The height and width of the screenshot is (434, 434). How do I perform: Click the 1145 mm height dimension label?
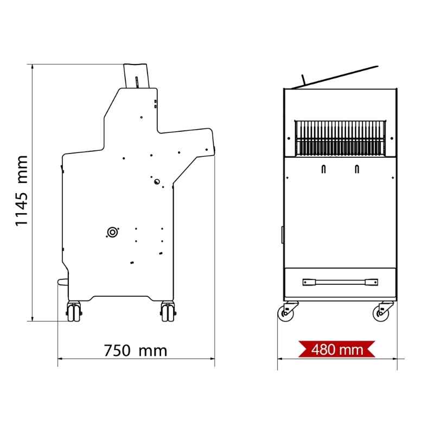(22, 191)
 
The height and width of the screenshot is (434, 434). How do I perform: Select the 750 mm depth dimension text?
(135, 350)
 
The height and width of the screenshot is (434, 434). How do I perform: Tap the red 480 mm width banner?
(337, 349)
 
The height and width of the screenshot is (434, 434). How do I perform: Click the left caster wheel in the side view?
(74, 311)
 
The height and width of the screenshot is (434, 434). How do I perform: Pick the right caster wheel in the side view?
(168, 311)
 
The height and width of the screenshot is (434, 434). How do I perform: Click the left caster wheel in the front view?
(286, 313)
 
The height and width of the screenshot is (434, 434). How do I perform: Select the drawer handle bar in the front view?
(340, 282)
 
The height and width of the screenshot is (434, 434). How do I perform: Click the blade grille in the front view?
(340, 138)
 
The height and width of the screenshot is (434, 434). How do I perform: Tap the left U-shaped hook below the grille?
(323, 169)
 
